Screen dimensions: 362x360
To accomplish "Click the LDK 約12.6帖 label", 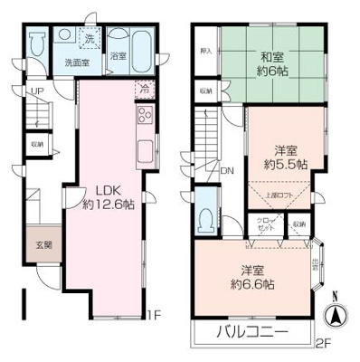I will tap(109, 197).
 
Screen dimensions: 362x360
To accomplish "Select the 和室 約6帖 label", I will tap(270, 63).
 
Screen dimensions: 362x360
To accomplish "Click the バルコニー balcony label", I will tap(252, 333).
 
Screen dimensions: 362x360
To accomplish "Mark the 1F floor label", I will tap(156, 316).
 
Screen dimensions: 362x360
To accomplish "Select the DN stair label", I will tap(226, 168).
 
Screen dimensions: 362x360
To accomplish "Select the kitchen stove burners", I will tap(145, 116).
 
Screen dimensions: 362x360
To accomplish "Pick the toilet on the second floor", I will tap(208, 215).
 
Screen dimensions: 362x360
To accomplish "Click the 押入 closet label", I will tap(206, 50).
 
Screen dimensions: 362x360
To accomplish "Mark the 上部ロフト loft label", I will tap(278, 195).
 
